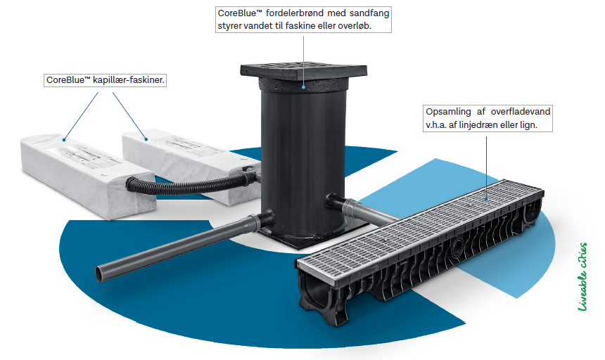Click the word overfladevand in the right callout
521,112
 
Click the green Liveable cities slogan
582,277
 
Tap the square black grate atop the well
303,71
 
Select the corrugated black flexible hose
189,185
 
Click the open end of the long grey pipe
99,274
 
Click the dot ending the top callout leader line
303,87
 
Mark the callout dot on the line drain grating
486,199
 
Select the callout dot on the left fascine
64,139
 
